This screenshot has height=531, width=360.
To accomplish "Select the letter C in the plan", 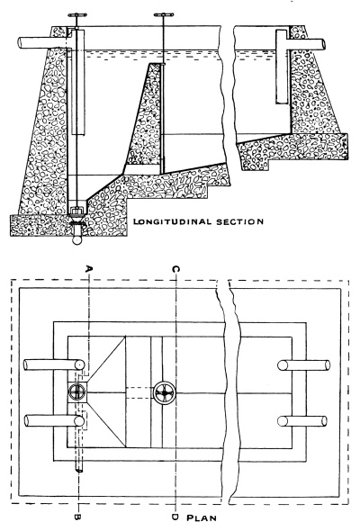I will (173, 267).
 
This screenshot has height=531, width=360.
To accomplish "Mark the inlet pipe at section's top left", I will (31, 42).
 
